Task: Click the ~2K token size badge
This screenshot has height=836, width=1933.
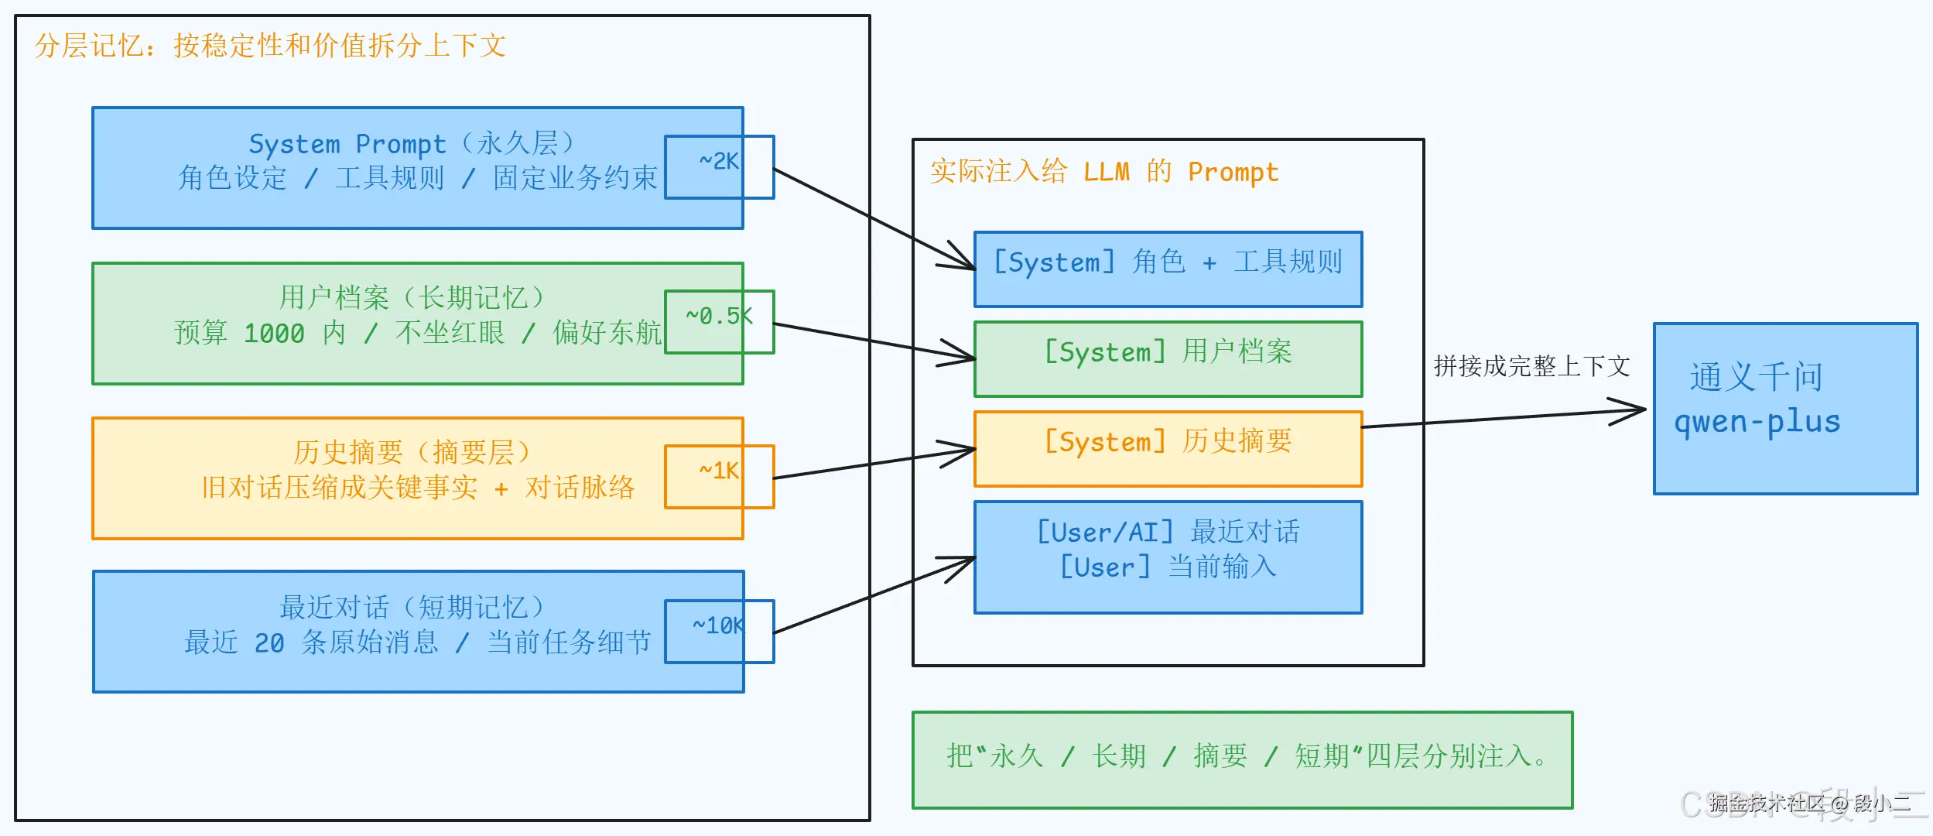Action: click(x=719, y=166)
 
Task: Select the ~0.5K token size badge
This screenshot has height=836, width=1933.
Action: click(x=719, y=321)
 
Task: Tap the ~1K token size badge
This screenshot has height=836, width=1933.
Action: click(x=719, y=476)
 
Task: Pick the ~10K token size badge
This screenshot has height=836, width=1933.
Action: click(x=719, y=631)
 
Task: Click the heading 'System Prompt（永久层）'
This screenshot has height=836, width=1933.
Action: click(x=411, y=143)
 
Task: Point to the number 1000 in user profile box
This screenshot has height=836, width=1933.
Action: click(x=274, y=334)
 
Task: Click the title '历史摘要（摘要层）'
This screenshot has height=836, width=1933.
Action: click(x=411, y=453)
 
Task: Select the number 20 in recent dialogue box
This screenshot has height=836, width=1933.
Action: click(x=269, y=643)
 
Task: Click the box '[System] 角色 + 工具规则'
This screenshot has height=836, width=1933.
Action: click(x=1168, y=269)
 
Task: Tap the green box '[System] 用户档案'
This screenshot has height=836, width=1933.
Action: click(x=1168, y=358)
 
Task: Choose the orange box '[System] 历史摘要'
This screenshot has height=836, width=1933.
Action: click(x=1168, y=448)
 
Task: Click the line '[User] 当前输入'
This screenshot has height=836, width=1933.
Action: click(x=1168, y=567)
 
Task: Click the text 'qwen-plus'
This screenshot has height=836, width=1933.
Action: click(x=1757, y=423)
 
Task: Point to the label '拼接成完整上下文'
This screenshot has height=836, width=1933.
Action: click(x=1531, y=366)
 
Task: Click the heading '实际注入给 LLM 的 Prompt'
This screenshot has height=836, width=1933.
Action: click(x=1104, y=171)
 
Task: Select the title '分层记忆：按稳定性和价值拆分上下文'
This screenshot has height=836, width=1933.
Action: click(x=270, y=46)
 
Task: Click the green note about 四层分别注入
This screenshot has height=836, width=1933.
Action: click(x=1243, y=759)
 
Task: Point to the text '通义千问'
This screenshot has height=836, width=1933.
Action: click(x=1756, y=378)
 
